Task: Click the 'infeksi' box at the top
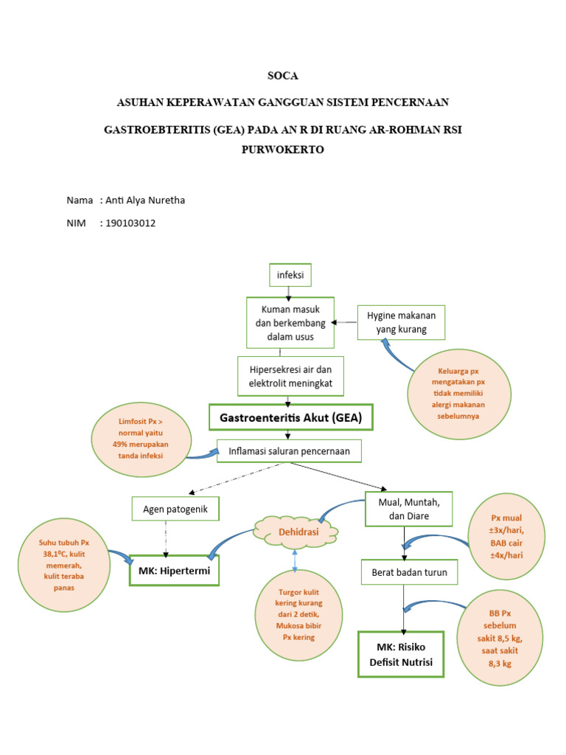tap(290, 276)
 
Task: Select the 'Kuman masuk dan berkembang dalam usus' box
tap(290, 321)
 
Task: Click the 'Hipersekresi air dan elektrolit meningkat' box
tap(290, 376)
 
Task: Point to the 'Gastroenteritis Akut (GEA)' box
tap(290, 417)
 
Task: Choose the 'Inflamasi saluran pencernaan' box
tap(290, 450)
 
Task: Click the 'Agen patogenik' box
tap(175, 509)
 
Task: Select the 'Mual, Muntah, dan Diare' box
tap(408, 509)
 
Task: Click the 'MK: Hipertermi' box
tap(175, 570)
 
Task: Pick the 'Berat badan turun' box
tap(404, 572)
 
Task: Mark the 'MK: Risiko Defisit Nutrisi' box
tap(402, 653)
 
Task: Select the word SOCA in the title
tap(283, 76)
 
